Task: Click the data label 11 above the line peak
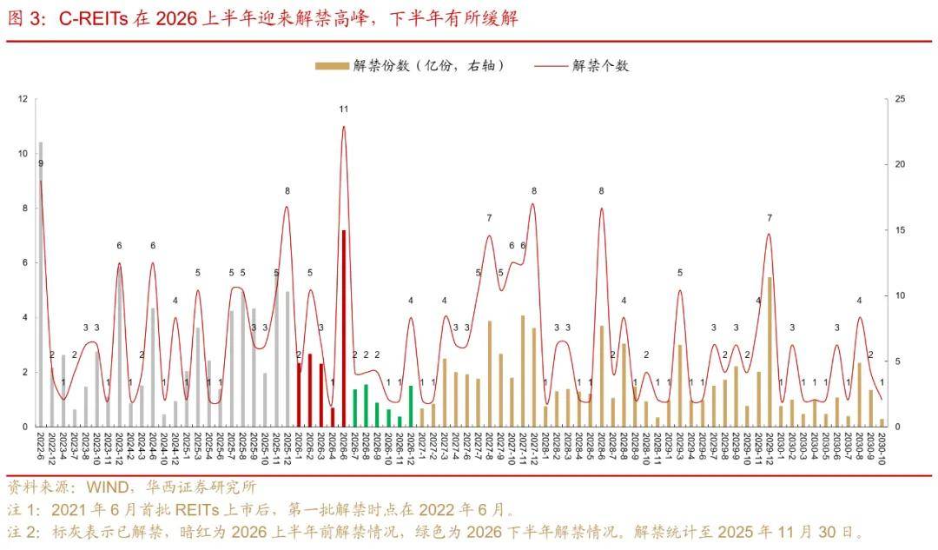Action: point(344,109)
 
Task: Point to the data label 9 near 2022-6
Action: point(40,163)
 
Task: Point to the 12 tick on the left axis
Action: point(23,99)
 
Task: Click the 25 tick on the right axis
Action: point(900,99)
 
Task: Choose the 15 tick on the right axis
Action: point(900,230)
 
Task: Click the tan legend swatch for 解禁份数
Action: point(333,66)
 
